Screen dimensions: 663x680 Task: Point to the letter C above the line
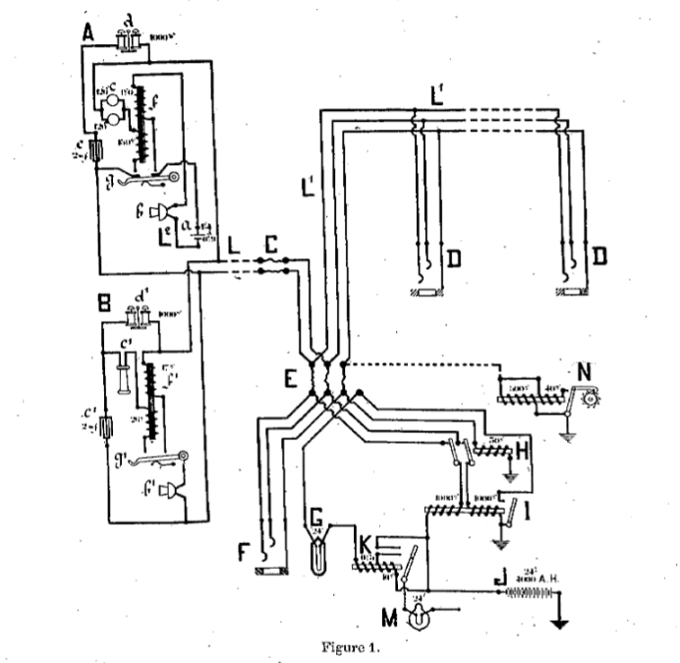272,241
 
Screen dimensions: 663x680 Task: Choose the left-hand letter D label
455,258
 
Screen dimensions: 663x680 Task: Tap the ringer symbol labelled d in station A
128,39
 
